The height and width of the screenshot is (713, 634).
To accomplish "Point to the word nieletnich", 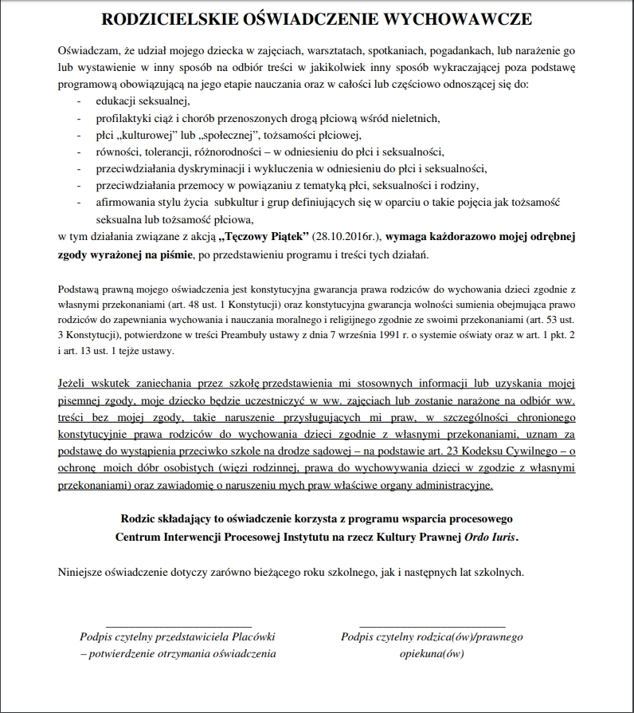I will pos(413,118).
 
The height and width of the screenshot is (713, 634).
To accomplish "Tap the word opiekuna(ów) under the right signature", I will pos(432,653).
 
